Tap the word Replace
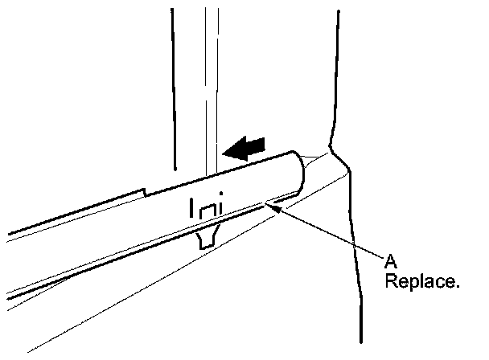point(421,282)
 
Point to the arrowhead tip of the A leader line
point(274,206)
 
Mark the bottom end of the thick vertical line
point(174,169)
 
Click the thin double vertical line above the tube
point(211,80)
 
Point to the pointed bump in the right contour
point(334,149)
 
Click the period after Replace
point(457,287)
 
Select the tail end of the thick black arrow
point(263,143)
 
